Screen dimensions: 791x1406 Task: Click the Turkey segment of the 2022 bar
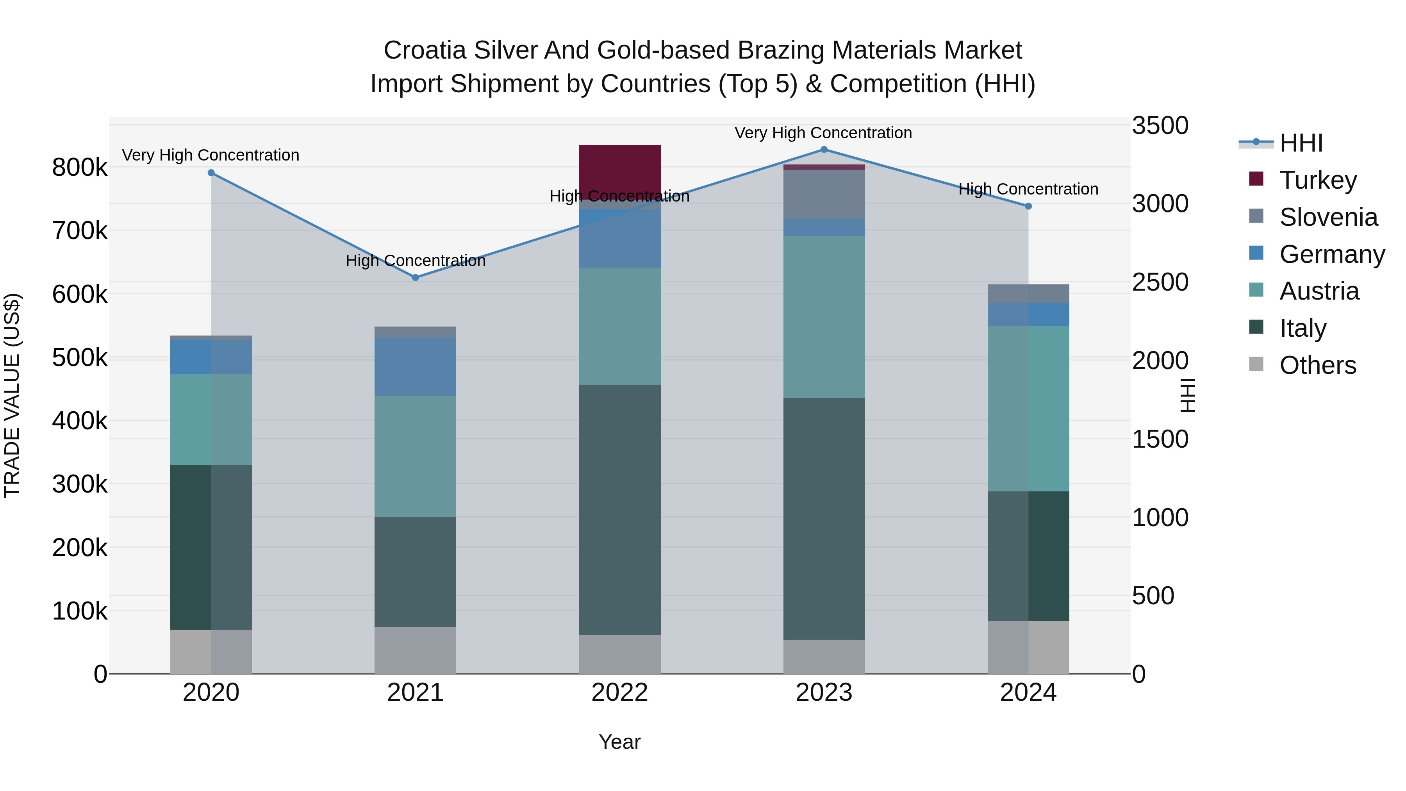pyautogui.click(x=619, y=169)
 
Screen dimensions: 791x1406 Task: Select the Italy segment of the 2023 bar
pyautogui.click(x=824, y=519)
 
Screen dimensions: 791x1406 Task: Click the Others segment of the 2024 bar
pyautogui.click(x=1028, y=647)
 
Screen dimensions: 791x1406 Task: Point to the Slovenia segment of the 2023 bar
pyautogui.click(x=824, y=195)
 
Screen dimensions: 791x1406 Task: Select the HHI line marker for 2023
pyautogui.click(x=824, y=150)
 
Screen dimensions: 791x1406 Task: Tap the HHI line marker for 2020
pyautogui.click(x=211, y=173)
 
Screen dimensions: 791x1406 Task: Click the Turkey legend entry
pyautogui.click(x=1318, y=180)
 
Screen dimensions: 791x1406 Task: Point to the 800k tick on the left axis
pyautogui.click(x=80, y=168)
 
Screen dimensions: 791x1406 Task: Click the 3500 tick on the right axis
pyautogui.click(x=1159, y=125)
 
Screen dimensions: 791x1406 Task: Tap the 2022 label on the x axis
pyautogui.click(x=619, y=693)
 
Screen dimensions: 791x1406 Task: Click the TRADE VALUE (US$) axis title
pyautogui.click(x=12, y=395)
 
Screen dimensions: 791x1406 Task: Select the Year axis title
pyautogui.click(x=619, y=742)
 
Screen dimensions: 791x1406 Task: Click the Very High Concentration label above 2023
pyautogui.click(x=823, y=133)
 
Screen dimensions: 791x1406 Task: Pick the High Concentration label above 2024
pyautogui.click(x=1028, y=189)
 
